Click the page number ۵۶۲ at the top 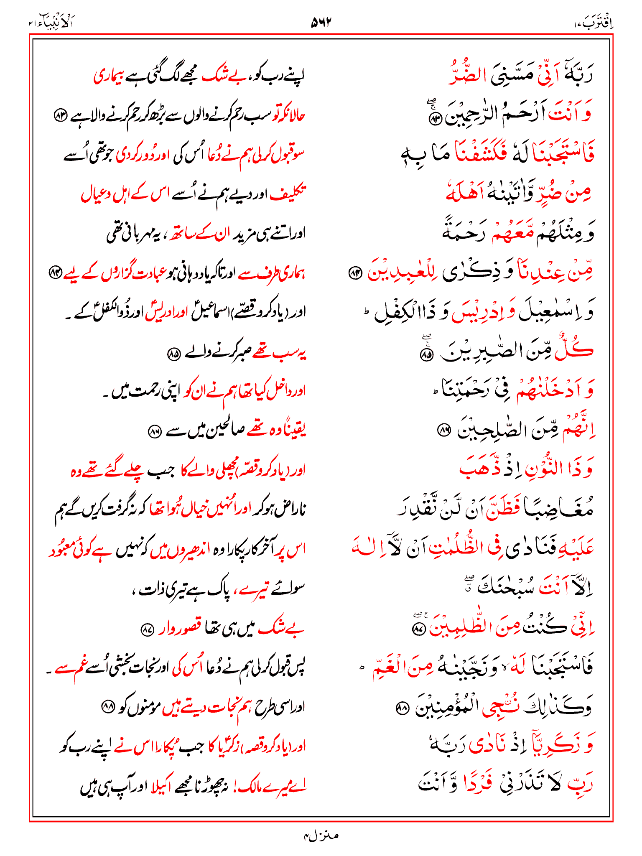(x=321, y=22)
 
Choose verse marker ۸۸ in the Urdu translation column (x=108, y=707)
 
